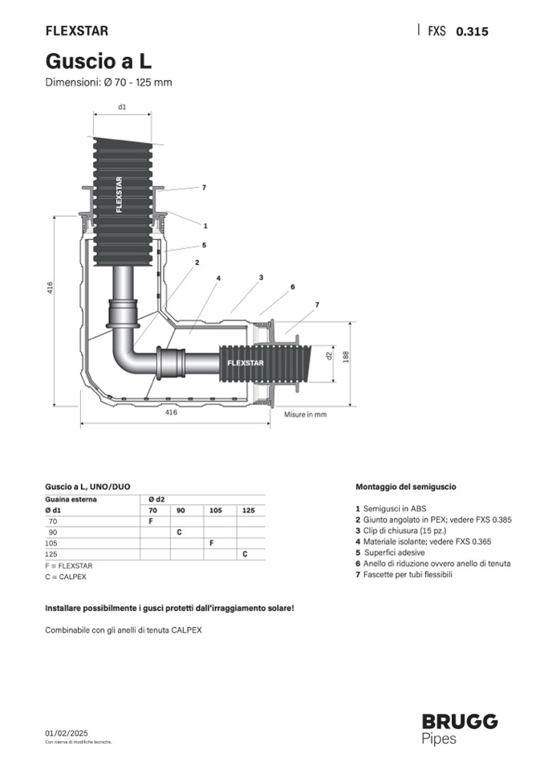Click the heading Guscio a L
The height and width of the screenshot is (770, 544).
pos(99,60)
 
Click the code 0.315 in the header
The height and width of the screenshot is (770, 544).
pos(472,32)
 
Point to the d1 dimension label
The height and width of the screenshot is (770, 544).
pos(122,106)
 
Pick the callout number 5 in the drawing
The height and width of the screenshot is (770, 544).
pos(204,245)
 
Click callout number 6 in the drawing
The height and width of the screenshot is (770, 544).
pos(292,287)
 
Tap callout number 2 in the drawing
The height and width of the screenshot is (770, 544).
pos(197,263)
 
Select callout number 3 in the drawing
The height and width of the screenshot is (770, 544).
pos(261,278)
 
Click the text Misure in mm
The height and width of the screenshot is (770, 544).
pos(306,414)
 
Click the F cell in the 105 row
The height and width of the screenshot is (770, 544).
pos(211,543)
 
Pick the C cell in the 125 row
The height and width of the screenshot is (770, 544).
pos(245,554)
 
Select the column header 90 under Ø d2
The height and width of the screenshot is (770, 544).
pos(181,510)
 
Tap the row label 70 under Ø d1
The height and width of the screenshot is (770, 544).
pos(55,521)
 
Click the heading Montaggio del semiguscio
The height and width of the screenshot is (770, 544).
pos(406,487)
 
